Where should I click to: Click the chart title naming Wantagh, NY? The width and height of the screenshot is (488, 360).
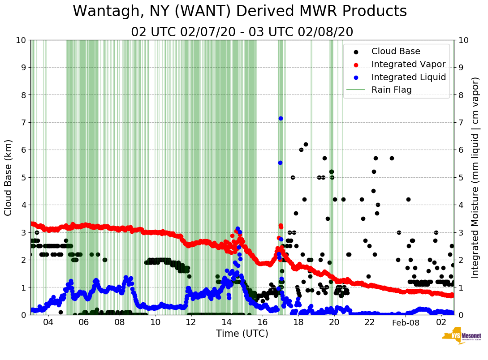(x=240, y=11)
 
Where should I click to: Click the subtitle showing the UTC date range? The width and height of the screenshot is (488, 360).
(x=242, y=32)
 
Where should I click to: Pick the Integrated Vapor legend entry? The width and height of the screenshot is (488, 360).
(x=408, y=64)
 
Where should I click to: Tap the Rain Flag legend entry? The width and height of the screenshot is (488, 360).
(x=391, y=90)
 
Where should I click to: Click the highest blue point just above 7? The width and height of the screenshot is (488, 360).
(x=281, y=118)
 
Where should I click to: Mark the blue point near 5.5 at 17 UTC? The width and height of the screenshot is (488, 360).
(x=280, y=163)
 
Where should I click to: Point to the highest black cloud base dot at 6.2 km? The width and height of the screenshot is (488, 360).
(x=306, y=144)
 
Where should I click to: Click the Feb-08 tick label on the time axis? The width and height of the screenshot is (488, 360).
(x=405, y=322)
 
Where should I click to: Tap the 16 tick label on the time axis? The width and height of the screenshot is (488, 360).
(x=262, y=322)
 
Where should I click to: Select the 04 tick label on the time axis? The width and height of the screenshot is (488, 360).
(x=48, y=322)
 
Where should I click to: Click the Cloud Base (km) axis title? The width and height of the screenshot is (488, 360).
(x=9, y=177)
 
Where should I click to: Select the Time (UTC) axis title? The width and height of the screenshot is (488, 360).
(x=242, y=334)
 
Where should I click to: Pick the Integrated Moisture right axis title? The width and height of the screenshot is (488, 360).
(x=475, y=177)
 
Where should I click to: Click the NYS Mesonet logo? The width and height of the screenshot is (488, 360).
(x=461, y=338)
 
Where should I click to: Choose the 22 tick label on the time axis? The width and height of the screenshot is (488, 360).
(x=369, y=322)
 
